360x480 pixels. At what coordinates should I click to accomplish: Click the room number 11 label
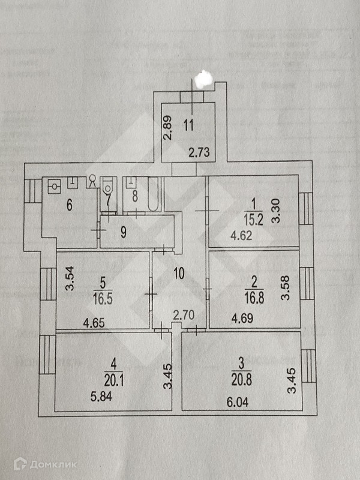click(x=189, y=126)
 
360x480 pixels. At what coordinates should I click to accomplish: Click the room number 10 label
click(x=178, y=274)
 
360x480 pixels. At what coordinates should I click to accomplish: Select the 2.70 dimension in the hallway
click(x=181, y=314)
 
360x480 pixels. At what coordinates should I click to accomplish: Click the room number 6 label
click(x=70, y=206)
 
